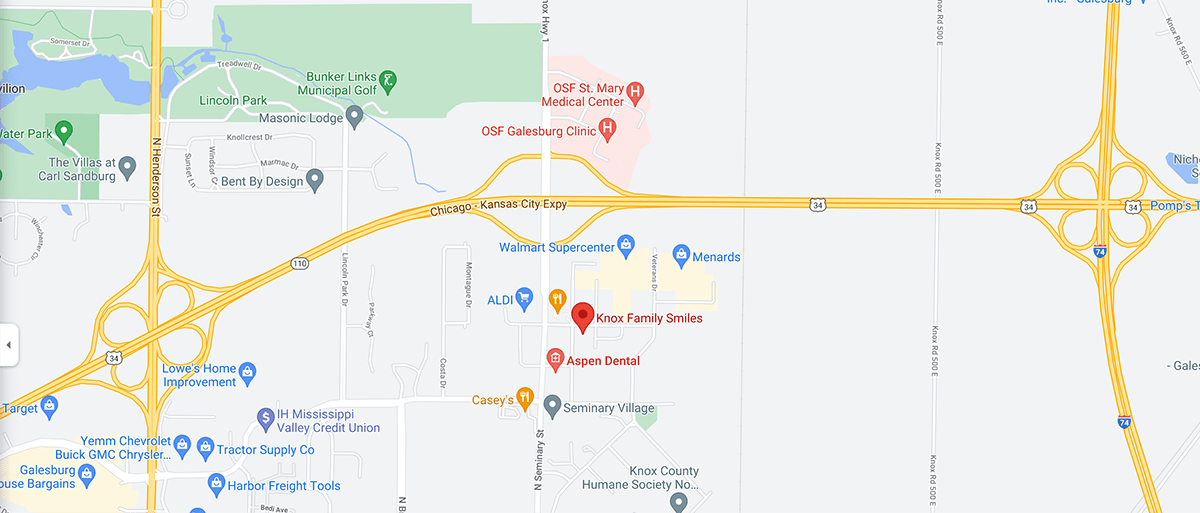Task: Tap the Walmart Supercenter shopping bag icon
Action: pos(626,244)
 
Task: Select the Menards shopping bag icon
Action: pos(682,256)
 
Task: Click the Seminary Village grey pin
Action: pos(551,407)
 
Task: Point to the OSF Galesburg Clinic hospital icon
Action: pos(606,130)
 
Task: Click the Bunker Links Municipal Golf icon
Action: pos(388,79)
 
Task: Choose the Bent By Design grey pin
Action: pos(315,181)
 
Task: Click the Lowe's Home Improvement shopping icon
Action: pos(248,375)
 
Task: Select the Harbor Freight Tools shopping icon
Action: pos(215,486)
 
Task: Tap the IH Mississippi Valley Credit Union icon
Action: pos(266,419)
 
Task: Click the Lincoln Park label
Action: pos(232,100)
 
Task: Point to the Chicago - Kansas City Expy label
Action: pos(498,207)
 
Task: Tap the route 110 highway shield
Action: pos(300,263)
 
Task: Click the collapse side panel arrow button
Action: pos(8,345)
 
